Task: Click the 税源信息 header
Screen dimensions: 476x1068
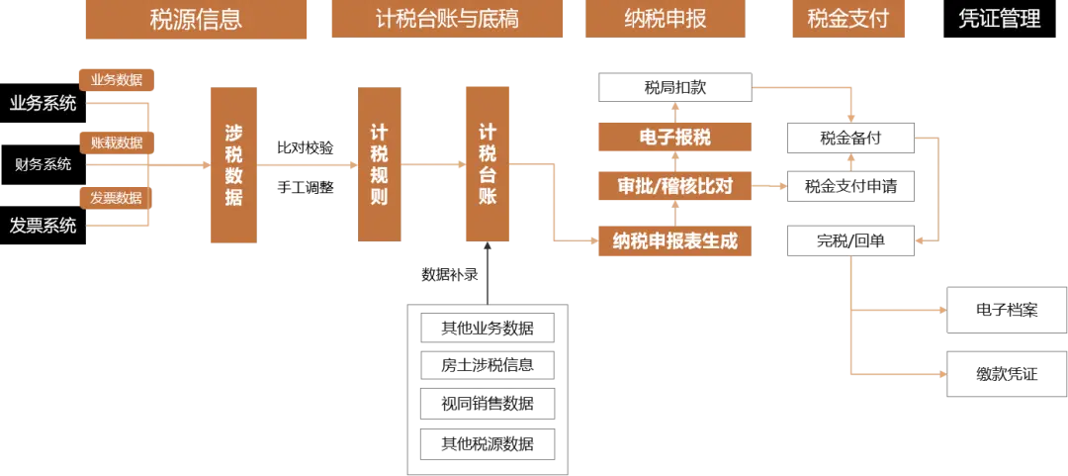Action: [x=195, y=19]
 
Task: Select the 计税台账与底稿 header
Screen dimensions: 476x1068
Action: [x=447, y=19]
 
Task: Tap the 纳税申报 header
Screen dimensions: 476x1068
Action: [x=665, y=19]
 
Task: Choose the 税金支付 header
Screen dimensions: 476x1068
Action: [x=848, y=19]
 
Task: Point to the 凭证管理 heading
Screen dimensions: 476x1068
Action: [x=999, y=19]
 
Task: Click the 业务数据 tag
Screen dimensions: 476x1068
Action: [x=117, y=80]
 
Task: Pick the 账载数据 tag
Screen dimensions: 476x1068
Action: [x=117, y=143]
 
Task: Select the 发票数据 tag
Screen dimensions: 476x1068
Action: [x=117, y=198]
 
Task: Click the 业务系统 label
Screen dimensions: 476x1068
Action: [x=43, y=104]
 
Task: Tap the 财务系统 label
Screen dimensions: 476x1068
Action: [x=43, y=164]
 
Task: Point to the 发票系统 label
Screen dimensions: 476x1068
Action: [x=43, y=226]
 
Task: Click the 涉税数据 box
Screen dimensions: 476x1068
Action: [x=233, y=165]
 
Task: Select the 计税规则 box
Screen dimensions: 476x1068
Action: [x=380, y=165]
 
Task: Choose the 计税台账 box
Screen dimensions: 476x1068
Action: [x=487, y=163]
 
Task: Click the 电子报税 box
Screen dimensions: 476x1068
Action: [x=673, y=138]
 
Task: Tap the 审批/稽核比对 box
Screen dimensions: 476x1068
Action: [x=673, y=185]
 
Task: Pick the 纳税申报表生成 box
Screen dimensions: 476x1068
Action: [x=673, y=240]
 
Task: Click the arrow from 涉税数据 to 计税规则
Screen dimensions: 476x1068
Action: [x=308, y=165]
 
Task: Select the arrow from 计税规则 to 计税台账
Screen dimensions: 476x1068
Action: [x=431, y=163]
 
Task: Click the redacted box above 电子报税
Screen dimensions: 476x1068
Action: [x=675, y=87]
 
